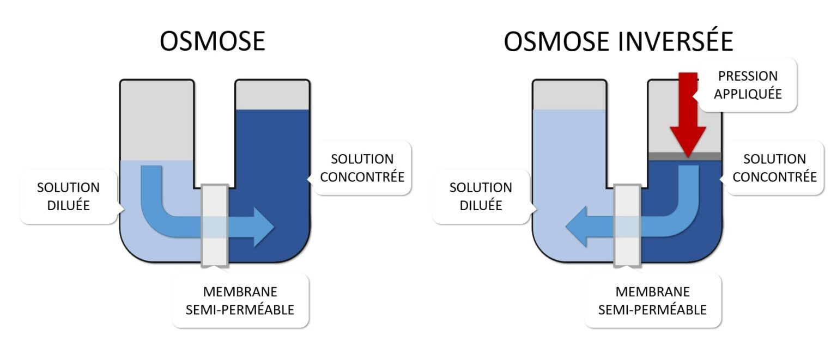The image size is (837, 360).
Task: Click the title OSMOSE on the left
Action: (x=212, y=41)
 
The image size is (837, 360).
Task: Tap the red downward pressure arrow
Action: (x=688, y=117)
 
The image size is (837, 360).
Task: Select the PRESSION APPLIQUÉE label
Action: (x=748, y=85)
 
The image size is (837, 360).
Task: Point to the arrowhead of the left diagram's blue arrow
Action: (x=264, y=227)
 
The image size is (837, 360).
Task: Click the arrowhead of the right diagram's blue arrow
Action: (x=576, y=227)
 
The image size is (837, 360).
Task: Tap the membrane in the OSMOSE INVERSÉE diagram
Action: (x=627, y=224)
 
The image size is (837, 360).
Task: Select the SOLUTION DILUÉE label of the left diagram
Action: (x=68, y=196)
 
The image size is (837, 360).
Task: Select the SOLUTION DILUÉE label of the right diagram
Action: (x=481, y=196)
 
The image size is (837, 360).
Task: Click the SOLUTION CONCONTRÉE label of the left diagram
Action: (x=362, y=168)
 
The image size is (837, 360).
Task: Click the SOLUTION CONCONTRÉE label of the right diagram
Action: (x=774, y=168)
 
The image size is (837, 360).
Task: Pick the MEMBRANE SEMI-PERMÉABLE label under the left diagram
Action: (x=240, y=301)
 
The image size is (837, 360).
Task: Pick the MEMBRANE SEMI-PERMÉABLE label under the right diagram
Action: (x=652, y=301)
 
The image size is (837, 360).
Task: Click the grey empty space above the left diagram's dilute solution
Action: (x=157, y=120)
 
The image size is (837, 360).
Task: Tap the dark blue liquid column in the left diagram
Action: (x=272, y=163)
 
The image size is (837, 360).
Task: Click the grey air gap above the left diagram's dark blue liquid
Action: (x=272, y=95)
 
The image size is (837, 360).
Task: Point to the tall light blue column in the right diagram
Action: (x=569, y=163)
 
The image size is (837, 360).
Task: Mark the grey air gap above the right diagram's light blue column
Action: (x=569, y=95)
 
